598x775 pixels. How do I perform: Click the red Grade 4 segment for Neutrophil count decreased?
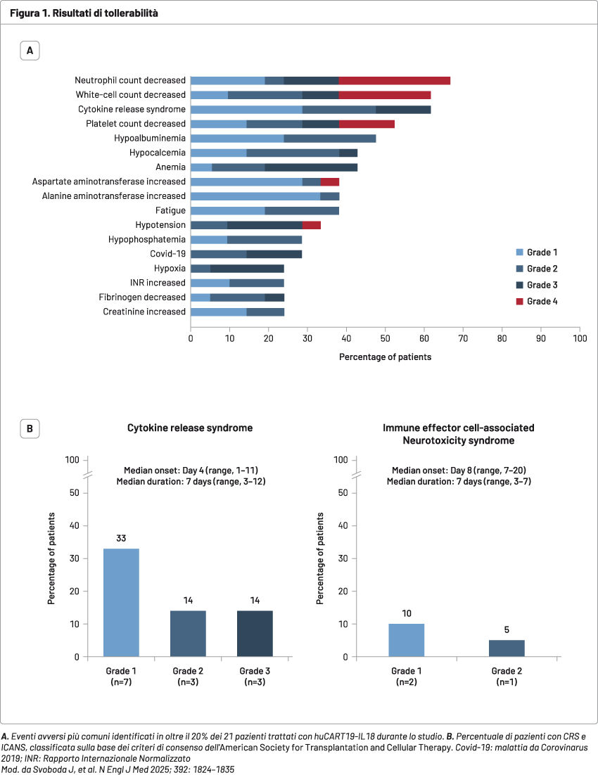point(395,81)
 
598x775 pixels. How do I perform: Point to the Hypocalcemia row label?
point(158,153)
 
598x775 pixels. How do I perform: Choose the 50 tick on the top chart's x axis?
point(385,339)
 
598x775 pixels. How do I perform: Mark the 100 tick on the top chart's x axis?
point(579,339)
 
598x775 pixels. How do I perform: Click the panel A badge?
point(30,51)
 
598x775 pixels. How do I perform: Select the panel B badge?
point(30,428)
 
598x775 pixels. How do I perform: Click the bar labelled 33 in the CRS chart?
point(121,603)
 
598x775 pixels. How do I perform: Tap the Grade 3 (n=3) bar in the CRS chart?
point(255,634)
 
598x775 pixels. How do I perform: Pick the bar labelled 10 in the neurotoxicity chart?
point(407,640)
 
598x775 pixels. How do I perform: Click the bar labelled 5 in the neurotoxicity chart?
point(507,648)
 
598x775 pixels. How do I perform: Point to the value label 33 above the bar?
point(121,539)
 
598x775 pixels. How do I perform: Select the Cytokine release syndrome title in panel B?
point(189,428)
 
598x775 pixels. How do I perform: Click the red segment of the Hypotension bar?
point(311,225)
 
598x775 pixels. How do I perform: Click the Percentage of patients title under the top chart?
point(385,357)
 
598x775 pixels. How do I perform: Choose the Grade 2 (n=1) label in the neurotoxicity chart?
point(507,676)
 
